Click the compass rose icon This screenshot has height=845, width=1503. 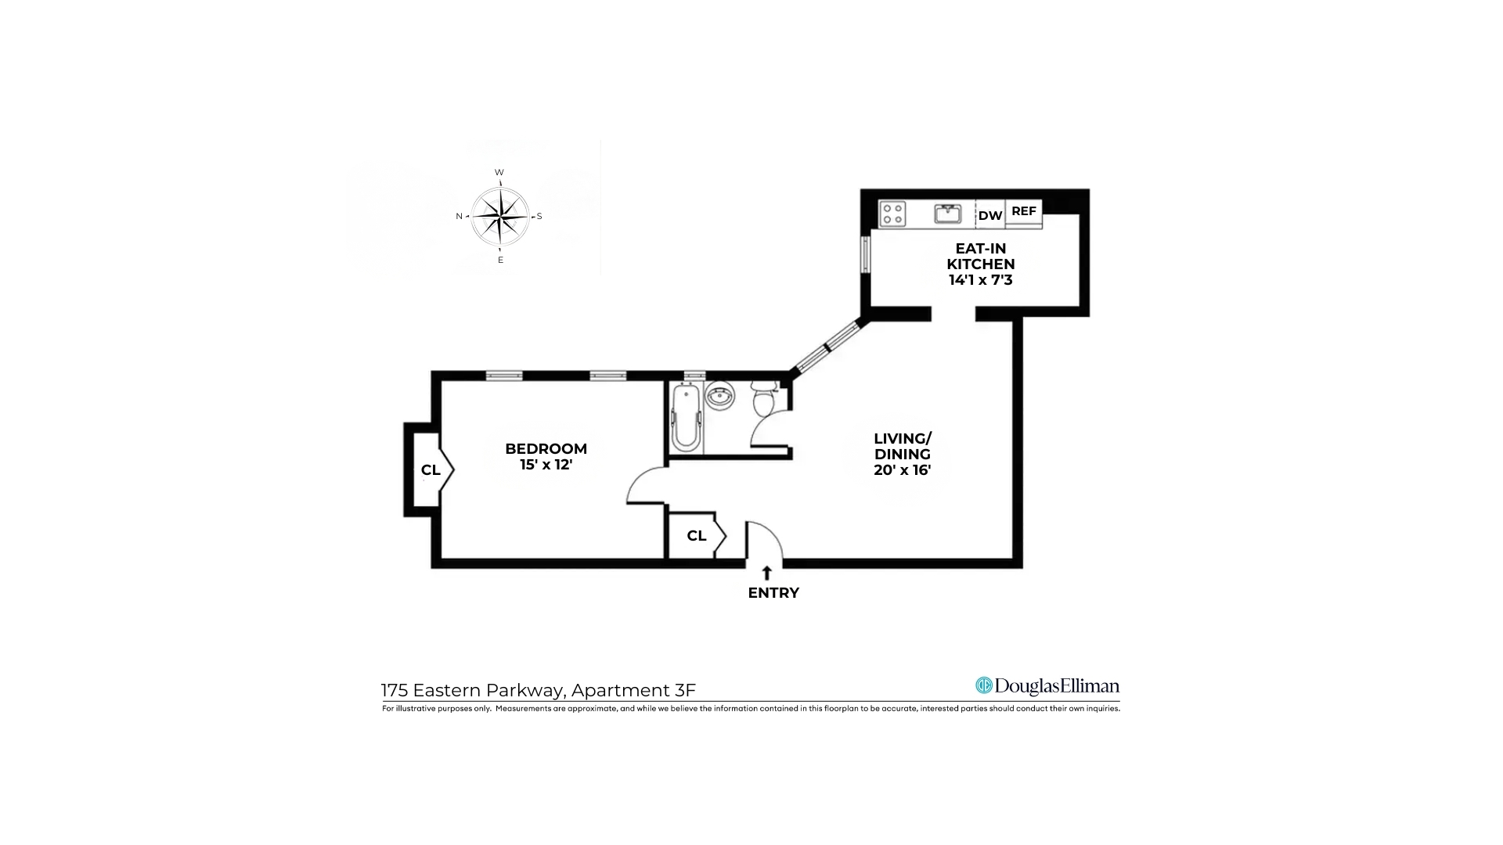(500, 216)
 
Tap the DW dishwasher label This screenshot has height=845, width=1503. (990, 216)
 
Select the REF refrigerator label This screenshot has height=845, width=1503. (1023, 211)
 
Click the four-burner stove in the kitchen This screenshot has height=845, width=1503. (892, 214)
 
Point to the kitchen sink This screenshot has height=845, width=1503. (948, 214)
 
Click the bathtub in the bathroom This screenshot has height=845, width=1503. (687, 417)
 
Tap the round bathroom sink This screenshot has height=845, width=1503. (719, 396)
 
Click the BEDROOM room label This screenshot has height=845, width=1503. (546, 448)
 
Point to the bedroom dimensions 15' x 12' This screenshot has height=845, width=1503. (546, 465)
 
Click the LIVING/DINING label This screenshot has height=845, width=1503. (903, 446)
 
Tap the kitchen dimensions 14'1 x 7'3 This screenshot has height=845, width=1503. (980, 280)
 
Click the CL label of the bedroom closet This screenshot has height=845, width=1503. (431, 470)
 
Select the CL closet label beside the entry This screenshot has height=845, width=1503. (696, 536)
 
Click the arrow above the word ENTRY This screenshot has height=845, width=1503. (767, 573)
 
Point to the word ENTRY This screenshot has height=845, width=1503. (773, 593)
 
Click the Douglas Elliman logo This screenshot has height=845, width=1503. (1047, 686)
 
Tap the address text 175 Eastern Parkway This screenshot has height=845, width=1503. (473, 690)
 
